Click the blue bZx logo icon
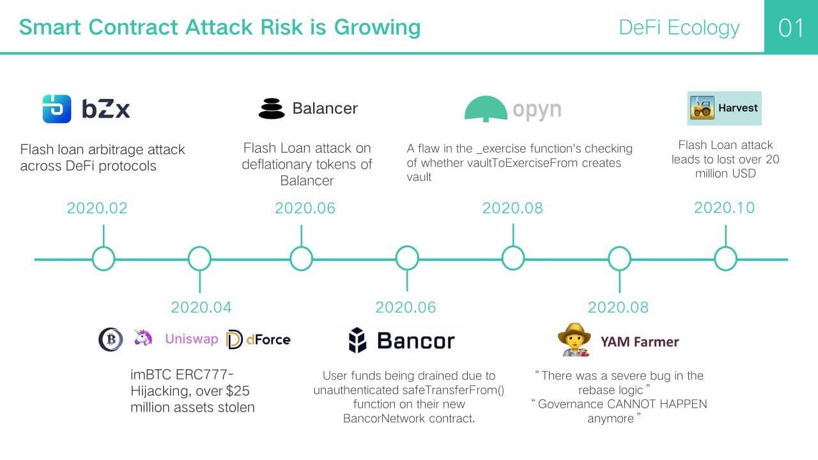coord(57,109)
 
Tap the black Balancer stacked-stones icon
coord(272,109)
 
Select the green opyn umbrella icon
coord(486,109)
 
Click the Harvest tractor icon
coord(702,108)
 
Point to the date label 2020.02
coord(97,208)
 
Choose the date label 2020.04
coord(201,307)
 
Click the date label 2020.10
coord(724,208)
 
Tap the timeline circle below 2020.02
coord(104,259)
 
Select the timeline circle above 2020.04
coord(199,259)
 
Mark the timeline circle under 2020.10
coord(725,259)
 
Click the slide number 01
coord(791,27)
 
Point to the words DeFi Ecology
coord(679,27)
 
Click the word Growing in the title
coord(377,27)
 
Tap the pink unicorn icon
coord(143,338)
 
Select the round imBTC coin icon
coord(111,339)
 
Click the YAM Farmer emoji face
coord(575,339)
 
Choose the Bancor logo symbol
coord(357,341)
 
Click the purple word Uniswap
coord(191,339)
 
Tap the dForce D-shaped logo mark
coord(234,339)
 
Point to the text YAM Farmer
coord(640,342)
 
